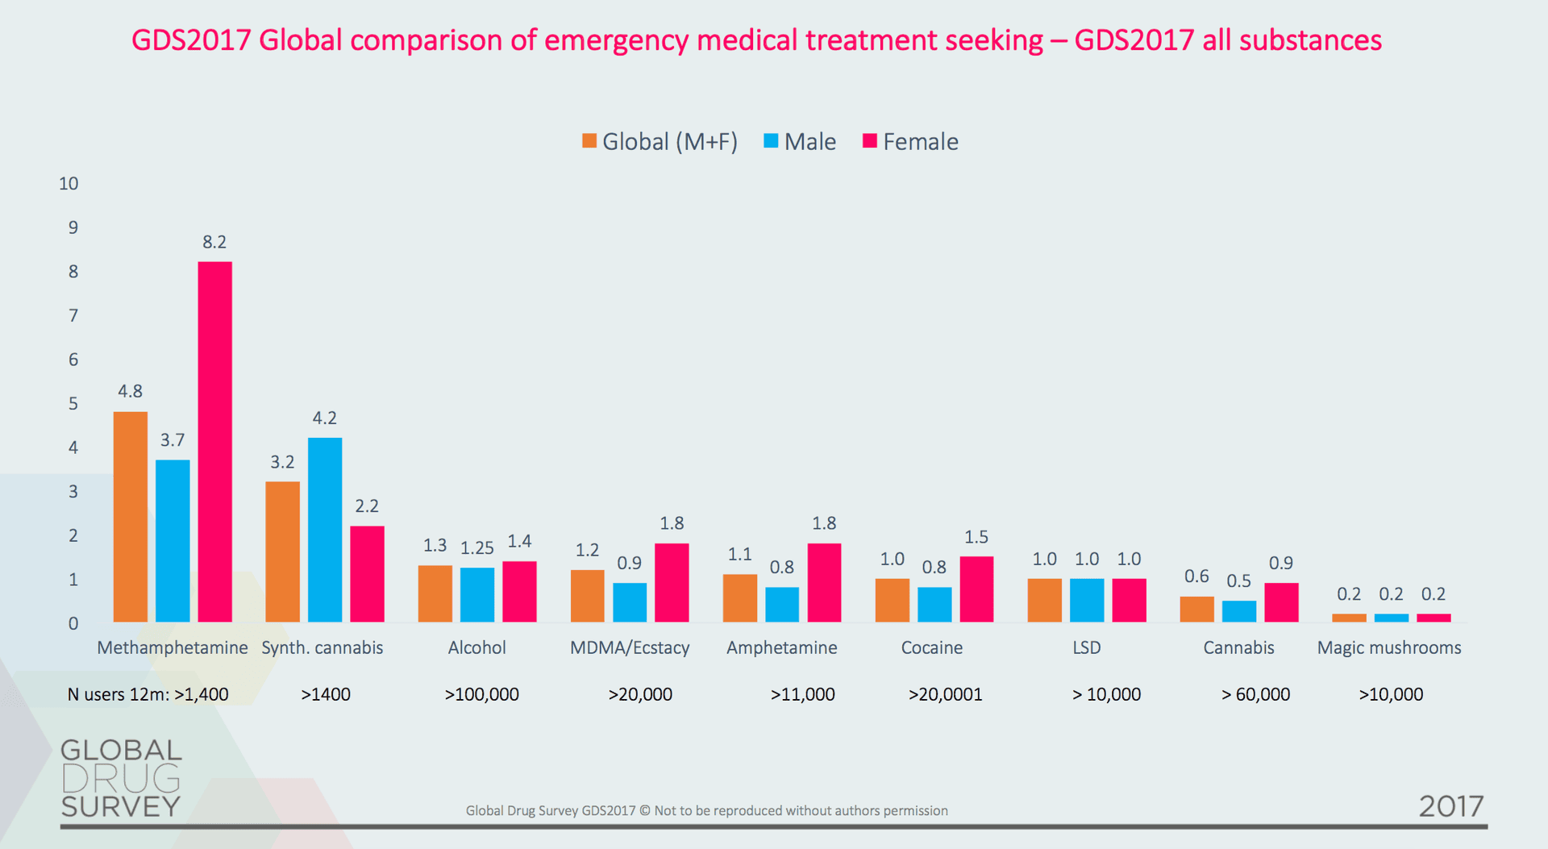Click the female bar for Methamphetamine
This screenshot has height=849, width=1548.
pos(214,441)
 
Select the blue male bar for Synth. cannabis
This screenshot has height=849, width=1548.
pos(324,530)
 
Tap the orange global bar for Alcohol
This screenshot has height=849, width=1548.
pos(435,593)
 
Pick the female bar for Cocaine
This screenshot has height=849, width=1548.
pos(976,589)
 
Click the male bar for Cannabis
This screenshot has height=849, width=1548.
pos(1238,611)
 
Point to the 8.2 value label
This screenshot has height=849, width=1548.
pos(214,242)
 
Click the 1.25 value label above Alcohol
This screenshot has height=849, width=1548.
pos(476,548)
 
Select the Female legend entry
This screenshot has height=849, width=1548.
pos(910,142)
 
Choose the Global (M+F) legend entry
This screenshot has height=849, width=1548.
pos(660,142)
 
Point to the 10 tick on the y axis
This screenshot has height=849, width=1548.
pos(69,184)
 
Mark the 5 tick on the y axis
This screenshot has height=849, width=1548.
pos(73,403)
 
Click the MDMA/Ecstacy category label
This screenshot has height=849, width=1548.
pos(630,647)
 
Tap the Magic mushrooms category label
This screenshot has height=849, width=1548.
pos(1388,647)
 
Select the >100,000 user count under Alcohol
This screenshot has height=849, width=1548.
pos(481,694)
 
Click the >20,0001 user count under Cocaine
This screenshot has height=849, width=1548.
pos(945,694)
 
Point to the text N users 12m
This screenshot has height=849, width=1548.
pos(118,694)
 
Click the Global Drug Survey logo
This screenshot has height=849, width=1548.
pos(121,778)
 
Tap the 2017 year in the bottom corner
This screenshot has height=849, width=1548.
pos(1450,806)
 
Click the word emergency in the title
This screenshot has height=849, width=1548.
pos(616,40)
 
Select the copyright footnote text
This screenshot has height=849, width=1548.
pos(706,810)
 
